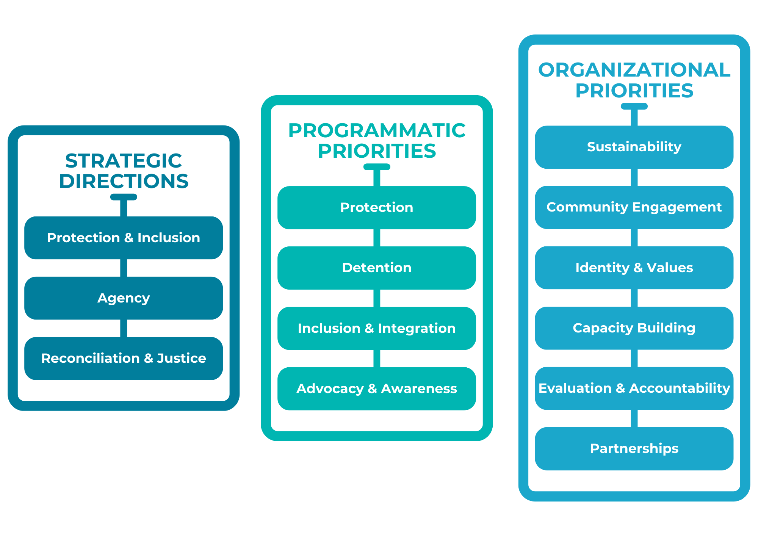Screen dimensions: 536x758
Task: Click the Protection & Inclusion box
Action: (124, 238)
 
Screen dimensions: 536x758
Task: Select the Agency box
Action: (124, 298)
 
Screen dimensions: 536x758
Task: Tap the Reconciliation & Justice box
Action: (124, 358)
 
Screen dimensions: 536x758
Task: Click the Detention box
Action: (376, 268)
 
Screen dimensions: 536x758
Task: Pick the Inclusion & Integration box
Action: (376, 328)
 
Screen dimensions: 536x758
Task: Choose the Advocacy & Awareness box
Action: (376, 389)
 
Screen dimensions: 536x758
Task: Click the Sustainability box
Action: (634, 147)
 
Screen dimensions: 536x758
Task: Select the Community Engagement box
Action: (634, 207)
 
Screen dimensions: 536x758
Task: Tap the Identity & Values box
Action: (634, 268)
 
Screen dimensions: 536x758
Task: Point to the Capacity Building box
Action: (634, 328)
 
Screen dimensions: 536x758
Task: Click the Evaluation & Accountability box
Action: (634, 388)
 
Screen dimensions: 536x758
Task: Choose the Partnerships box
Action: (634, 448)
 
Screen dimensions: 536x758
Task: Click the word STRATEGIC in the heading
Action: (124, 161)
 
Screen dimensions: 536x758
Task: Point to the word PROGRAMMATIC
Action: (377, 130)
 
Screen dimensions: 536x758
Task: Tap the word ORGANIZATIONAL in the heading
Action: (634, 70)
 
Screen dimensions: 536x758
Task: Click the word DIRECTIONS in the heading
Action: (124, 181)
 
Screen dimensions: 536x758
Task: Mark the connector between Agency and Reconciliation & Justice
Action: (124, 328)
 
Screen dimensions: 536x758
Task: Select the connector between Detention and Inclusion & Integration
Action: (377, 298)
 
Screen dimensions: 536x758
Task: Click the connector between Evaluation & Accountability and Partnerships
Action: (634, 418)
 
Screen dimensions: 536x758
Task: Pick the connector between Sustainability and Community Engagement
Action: (634, 177)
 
